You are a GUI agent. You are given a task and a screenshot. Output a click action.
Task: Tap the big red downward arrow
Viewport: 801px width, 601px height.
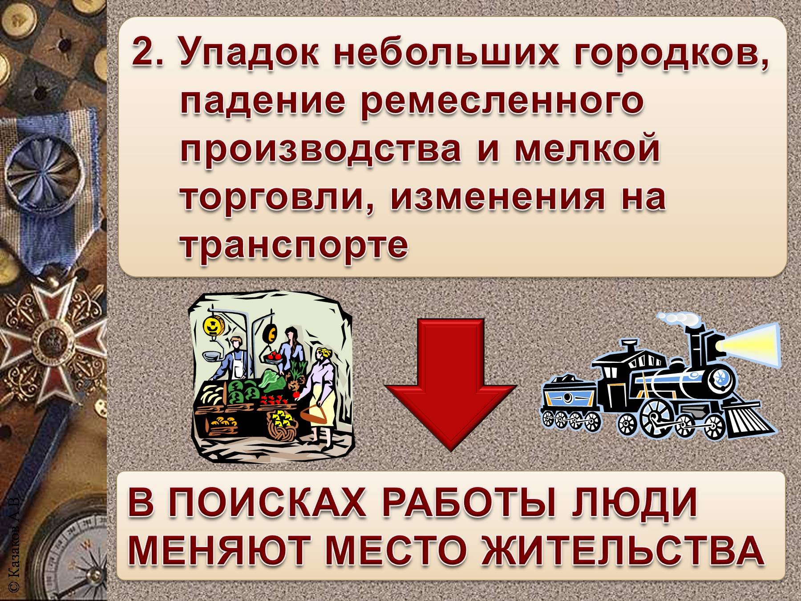coord(450,383)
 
